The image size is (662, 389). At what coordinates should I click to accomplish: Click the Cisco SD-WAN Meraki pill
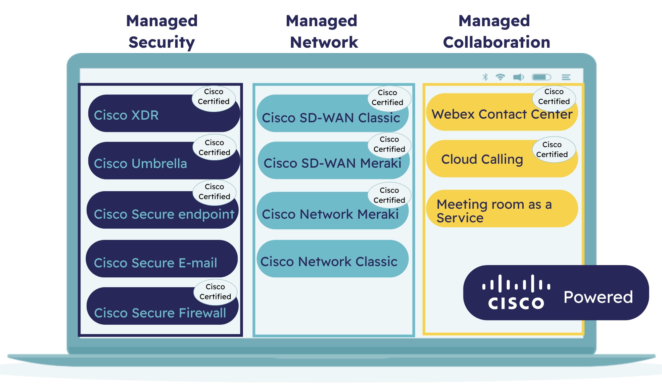click(x=332, y=162)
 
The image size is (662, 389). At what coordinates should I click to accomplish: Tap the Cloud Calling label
click(x=482, y=159)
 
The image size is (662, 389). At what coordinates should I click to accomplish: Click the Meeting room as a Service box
click(x=502, y=209)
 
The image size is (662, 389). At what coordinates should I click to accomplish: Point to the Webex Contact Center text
click(x=502, y=114)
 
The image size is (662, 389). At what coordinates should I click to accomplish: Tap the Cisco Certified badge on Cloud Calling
click(x=552, y=150)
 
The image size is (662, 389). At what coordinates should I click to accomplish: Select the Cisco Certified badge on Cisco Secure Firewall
click(x=215, y=292)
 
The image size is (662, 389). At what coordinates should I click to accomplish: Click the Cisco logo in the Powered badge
click(x=516, y=293)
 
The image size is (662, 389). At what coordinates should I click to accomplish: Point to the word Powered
click(x=598, y=297)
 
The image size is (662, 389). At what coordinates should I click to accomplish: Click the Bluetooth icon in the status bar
click(x=485, y=77)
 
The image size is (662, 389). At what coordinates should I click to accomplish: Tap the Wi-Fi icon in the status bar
click(x=500, y=77)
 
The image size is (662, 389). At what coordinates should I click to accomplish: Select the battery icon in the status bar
click(x=542, y=77)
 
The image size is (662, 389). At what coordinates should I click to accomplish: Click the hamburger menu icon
click(x=566, y=77)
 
